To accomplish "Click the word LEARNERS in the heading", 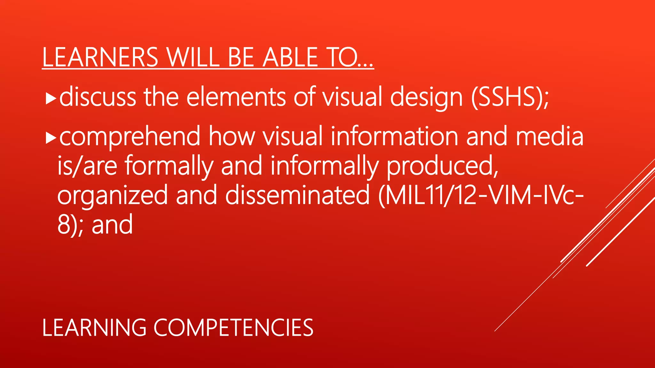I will pos(100,57).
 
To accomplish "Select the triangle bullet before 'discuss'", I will pos(51,99).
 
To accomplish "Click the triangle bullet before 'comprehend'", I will pos(51,138).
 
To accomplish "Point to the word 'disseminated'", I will pos(297,195).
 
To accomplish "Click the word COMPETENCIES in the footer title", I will pos(233,328).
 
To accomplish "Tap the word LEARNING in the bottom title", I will pos(94,328).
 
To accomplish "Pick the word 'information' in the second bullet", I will pos(394,136).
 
